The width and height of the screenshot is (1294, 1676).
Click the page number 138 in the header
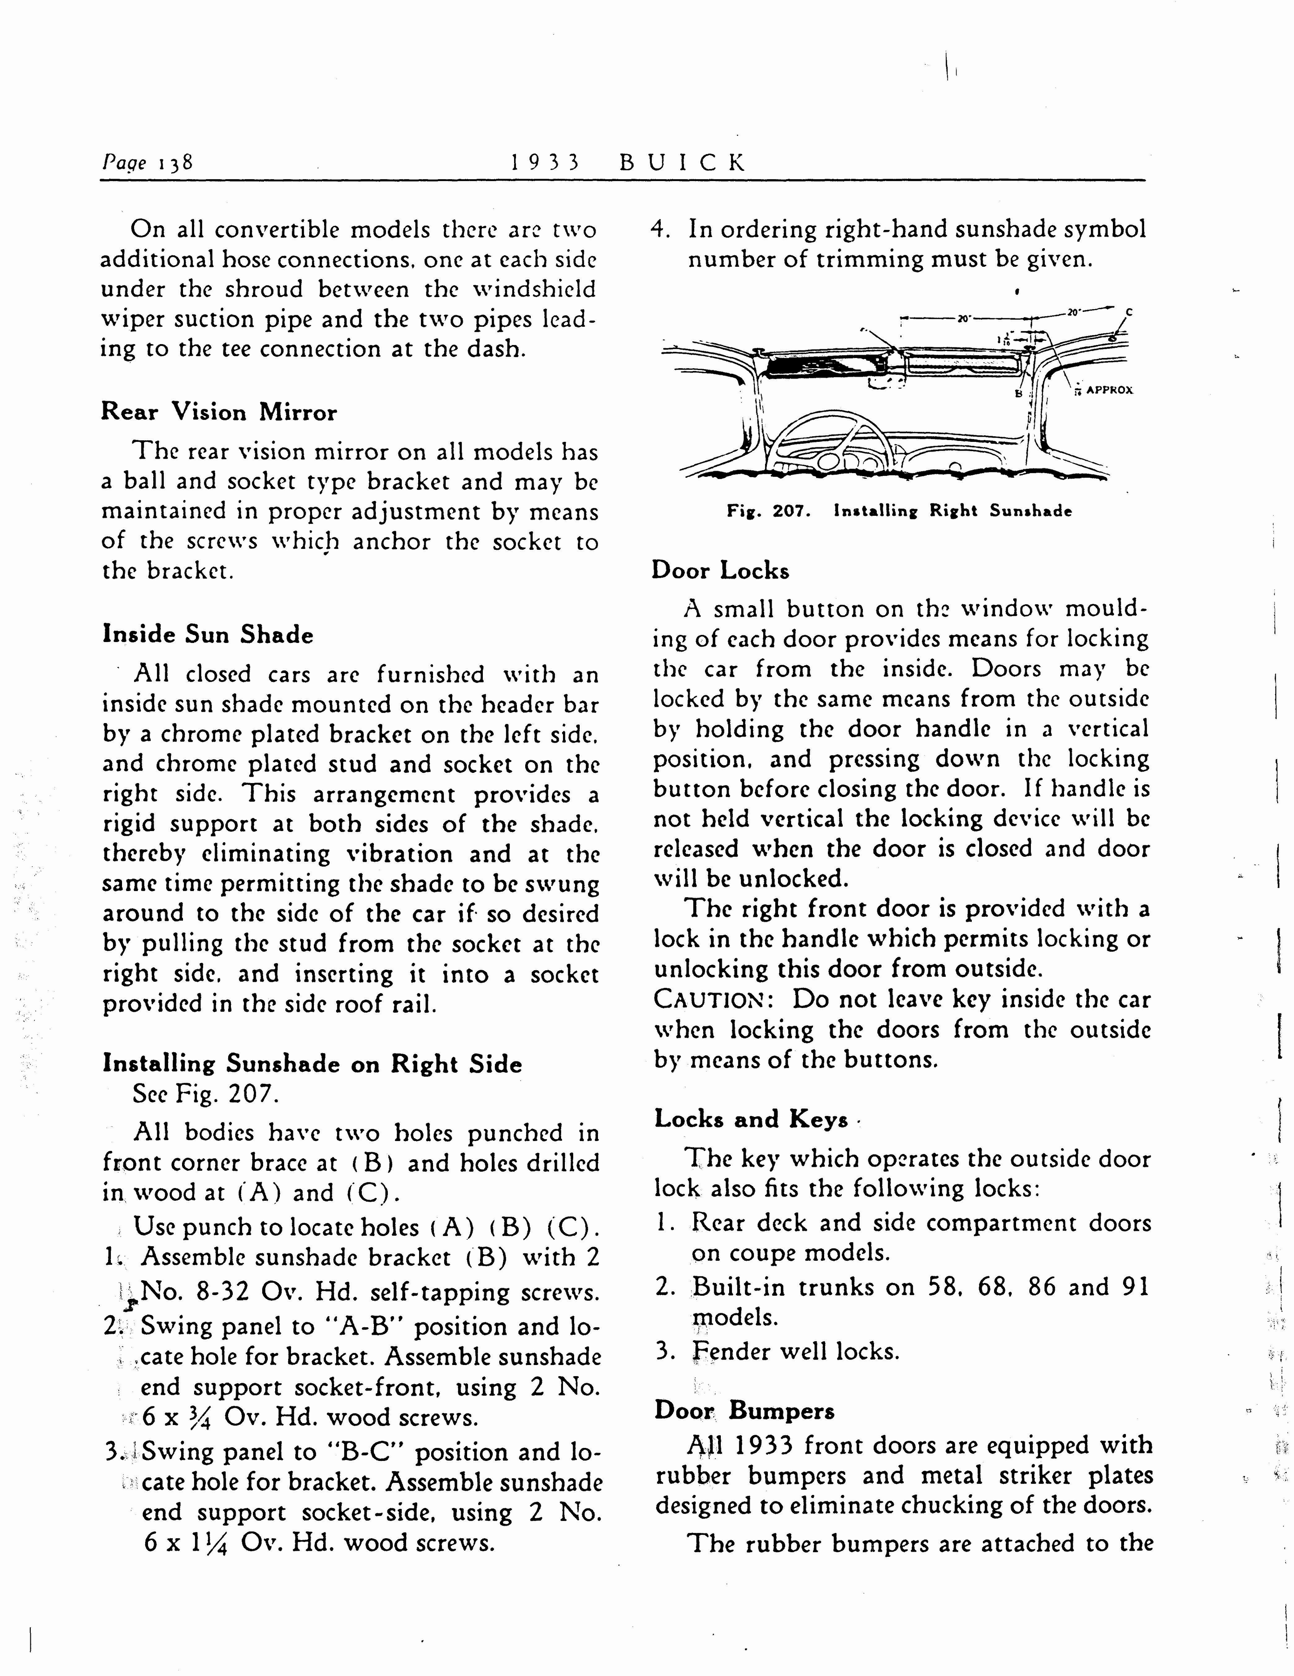coord(175,162)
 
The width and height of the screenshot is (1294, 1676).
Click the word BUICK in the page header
coord(682,162)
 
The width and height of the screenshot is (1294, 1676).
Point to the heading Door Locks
coord(720,570)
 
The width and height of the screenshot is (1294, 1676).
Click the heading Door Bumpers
coord(745,1411)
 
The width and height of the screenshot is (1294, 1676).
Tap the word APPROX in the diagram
coord(1110,390)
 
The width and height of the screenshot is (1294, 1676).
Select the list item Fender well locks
coord(795,1351)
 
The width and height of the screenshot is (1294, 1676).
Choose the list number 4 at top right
coord(658,230)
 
